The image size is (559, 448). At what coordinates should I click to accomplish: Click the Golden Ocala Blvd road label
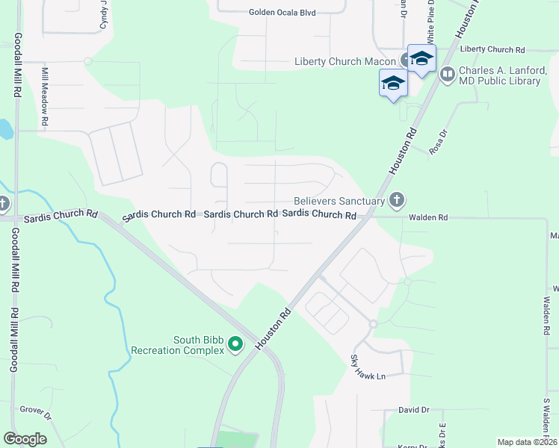(x=282, y=12)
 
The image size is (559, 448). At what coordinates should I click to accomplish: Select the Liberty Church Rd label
(x=492, y=49)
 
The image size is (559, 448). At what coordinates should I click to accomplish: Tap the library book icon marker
(x=447, y=73)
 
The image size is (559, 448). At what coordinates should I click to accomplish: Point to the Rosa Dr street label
(x=437, y=142)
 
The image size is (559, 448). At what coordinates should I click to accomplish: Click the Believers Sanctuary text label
(x=339, y=200)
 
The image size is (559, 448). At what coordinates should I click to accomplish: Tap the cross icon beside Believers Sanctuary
(x=397, y=199)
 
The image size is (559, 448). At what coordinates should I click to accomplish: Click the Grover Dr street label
(x=35, y=410)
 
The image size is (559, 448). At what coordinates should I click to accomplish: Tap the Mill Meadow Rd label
(x=45, y=97)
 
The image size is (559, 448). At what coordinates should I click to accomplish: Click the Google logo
(x=25, y=438)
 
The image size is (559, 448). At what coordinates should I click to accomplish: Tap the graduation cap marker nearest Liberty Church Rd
(x=421, y=59)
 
